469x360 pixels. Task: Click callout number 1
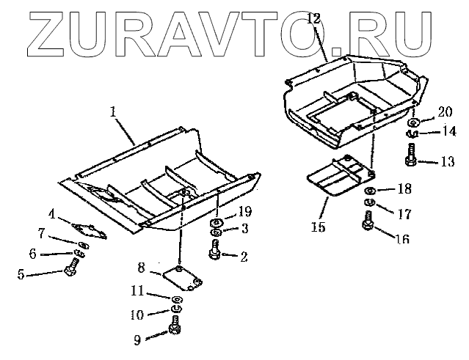(x=113, y=111)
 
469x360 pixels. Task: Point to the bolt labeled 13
(x=410, y=155)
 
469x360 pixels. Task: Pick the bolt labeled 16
(x=369, y=221)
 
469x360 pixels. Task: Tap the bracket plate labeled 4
(x=90, y=227)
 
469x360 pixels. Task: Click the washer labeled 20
(x=414, y=121)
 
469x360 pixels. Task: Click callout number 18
(x=404, y=189)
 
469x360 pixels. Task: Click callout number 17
(x=404, y=216)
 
